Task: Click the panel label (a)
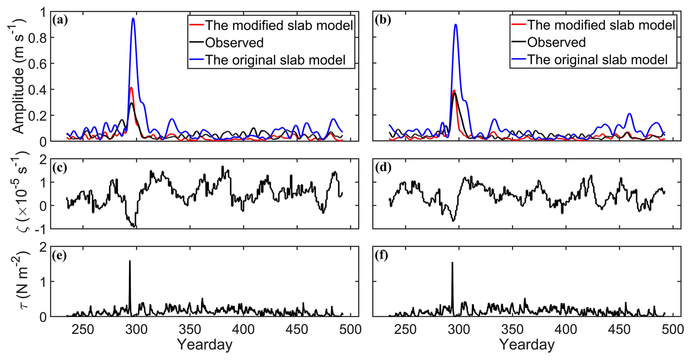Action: point(60,20)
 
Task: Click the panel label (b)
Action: point(383,20)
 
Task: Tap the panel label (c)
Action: point(60,168)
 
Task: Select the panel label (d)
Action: point(383,168)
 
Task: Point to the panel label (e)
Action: point(60,255)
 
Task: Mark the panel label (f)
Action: point(382,255)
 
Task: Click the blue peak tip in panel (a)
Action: point(133,18)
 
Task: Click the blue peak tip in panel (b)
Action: point(456,24)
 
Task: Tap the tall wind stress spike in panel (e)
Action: point(130,261)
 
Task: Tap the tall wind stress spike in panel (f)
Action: point(453,263)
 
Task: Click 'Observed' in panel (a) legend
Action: point(234,43)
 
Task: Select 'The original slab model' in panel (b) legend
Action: point(597,60)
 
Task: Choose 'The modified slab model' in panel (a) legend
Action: point(279,25)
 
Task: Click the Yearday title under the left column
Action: point(205,345)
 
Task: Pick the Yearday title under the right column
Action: point(527,345)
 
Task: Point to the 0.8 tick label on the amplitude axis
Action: point(38,38)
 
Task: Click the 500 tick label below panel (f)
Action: point(673,330)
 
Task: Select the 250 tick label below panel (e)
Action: point(83,330)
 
